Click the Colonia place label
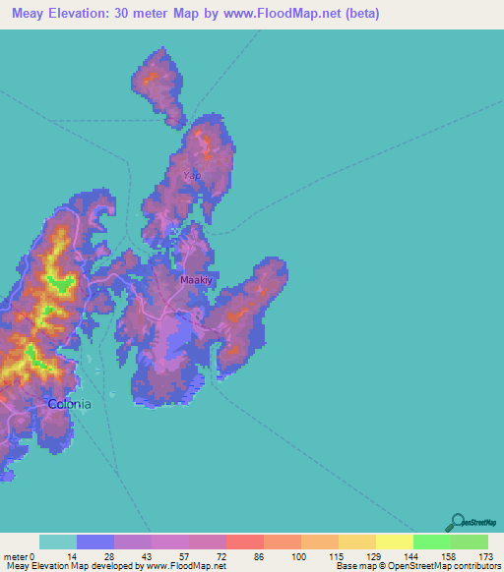coord(70,404)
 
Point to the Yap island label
coord(192,175)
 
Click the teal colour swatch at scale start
coord(58,542)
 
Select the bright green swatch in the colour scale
coord(432,542)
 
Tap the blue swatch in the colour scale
coord(95,542)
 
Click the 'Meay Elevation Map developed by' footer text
coord(73,566)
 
